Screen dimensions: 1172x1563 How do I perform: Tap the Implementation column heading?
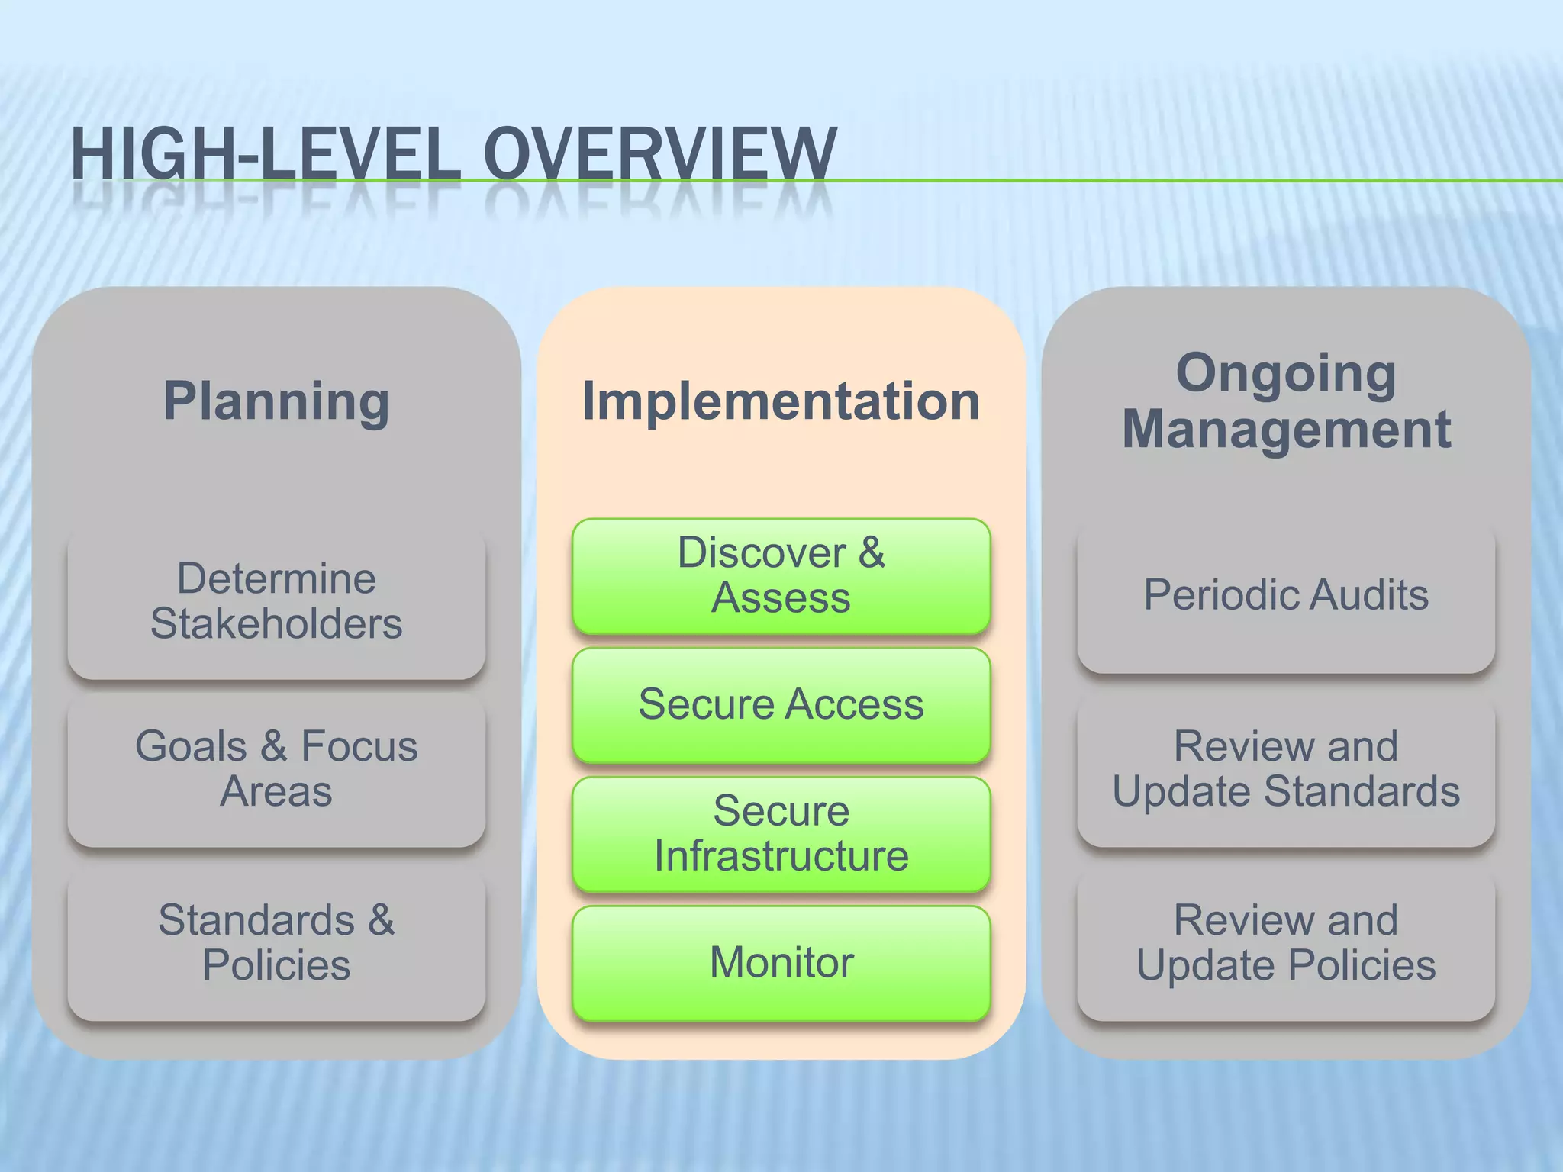coord(781,401)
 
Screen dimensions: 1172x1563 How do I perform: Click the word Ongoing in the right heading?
coord(1286,373)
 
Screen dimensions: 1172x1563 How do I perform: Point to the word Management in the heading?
coord(1286,429)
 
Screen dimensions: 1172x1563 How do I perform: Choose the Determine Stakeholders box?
coord(276,603)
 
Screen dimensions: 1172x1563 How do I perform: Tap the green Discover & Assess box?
coord(781,576)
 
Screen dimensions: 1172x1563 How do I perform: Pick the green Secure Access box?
coord(781,705)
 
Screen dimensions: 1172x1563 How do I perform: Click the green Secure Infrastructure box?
coord(781,834)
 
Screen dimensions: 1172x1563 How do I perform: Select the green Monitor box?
coord(781,963)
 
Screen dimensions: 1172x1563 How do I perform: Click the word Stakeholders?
coord(276,624)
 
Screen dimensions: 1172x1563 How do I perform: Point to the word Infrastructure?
coord(781,856)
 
